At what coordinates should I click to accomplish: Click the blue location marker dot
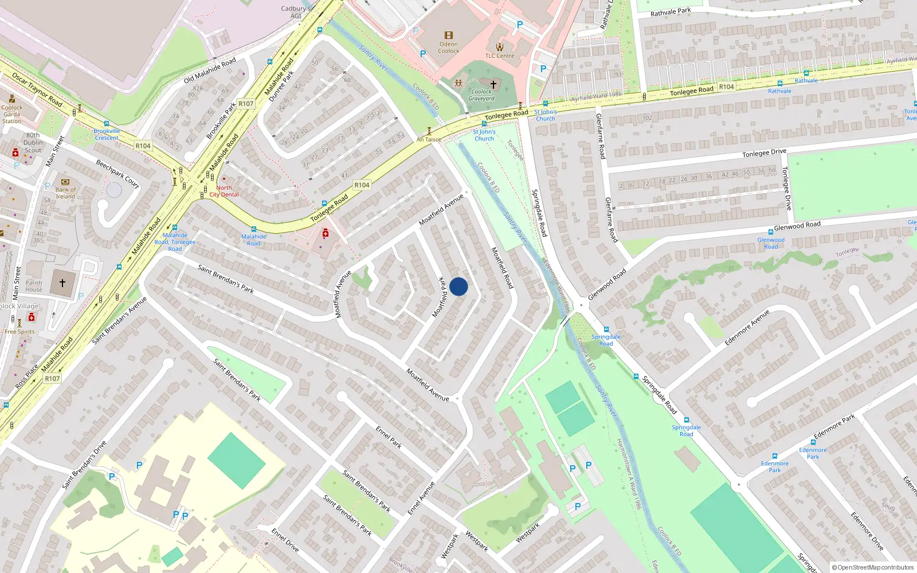[458, 286]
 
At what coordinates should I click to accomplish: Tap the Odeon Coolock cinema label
[449, 47]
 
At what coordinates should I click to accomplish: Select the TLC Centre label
[500, 56]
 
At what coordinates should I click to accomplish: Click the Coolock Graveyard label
[481, 95]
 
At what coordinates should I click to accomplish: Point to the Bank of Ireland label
[65, 193]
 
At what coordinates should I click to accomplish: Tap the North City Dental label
[224, 191]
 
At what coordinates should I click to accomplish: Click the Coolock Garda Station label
[11, 114]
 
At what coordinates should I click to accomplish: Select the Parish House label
[34, 286]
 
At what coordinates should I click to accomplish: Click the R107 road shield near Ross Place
[52, 379]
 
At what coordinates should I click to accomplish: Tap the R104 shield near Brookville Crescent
[143, 146]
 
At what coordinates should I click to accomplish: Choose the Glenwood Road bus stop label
[771, 243]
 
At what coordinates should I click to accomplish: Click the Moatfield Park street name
[440, 297]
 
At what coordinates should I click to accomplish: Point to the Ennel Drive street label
[285, 540]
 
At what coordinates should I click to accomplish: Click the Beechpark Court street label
[117, 173]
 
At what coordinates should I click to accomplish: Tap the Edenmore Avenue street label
[747, 328]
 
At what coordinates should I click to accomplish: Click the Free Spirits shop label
[19, 332]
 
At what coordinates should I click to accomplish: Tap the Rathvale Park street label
[671, 11]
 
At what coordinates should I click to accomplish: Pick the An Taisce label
[429, 139]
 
